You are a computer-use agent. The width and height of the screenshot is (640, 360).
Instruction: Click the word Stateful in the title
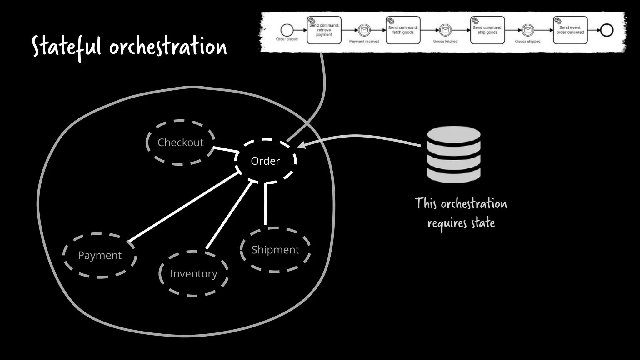(66, 47)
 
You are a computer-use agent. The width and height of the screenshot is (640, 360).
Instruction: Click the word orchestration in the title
(168, 47)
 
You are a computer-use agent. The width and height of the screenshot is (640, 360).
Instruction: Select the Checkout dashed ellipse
(181, 142)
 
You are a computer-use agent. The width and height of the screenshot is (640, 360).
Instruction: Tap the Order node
(265, 161)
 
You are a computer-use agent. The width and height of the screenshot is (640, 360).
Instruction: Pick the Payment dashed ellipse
(100, 255)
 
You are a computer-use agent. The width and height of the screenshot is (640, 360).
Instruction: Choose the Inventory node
(193, 274)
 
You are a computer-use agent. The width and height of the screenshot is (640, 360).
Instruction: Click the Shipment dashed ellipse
(275, 250)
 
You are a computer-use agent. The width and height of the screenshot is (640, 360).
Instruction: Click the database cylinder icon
(454, 154)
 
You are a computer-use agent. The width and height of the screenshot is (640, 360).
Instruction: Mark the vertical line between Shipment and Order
(265, 205)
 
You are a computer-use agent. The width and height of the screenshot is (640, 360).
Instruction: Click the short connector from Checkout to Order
(226, 150)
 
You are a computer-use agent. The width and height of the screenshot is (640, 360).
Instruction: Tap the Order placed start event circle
(287, 30)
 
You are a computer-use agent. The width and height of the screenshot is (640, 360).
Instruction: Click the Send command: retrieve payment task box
(324, 30)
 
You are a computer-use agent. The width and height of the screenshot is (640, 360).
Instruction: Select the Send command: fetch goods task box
(403, 30)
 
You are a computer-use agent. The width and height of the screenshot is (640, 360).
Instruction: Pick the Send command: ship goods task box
(487, 30)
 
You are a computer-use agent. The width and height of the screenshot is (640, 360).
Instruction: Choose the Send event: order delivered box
(570, 30)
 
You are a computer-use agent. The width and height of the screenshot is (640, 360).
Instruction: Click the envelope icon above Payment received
(364, 30)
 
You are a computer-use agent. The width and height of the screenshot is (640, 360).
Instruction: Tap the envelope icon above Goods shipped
(527, 30)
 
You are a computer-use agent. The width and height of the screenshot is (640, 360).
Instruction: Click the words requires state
(461, 223)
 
